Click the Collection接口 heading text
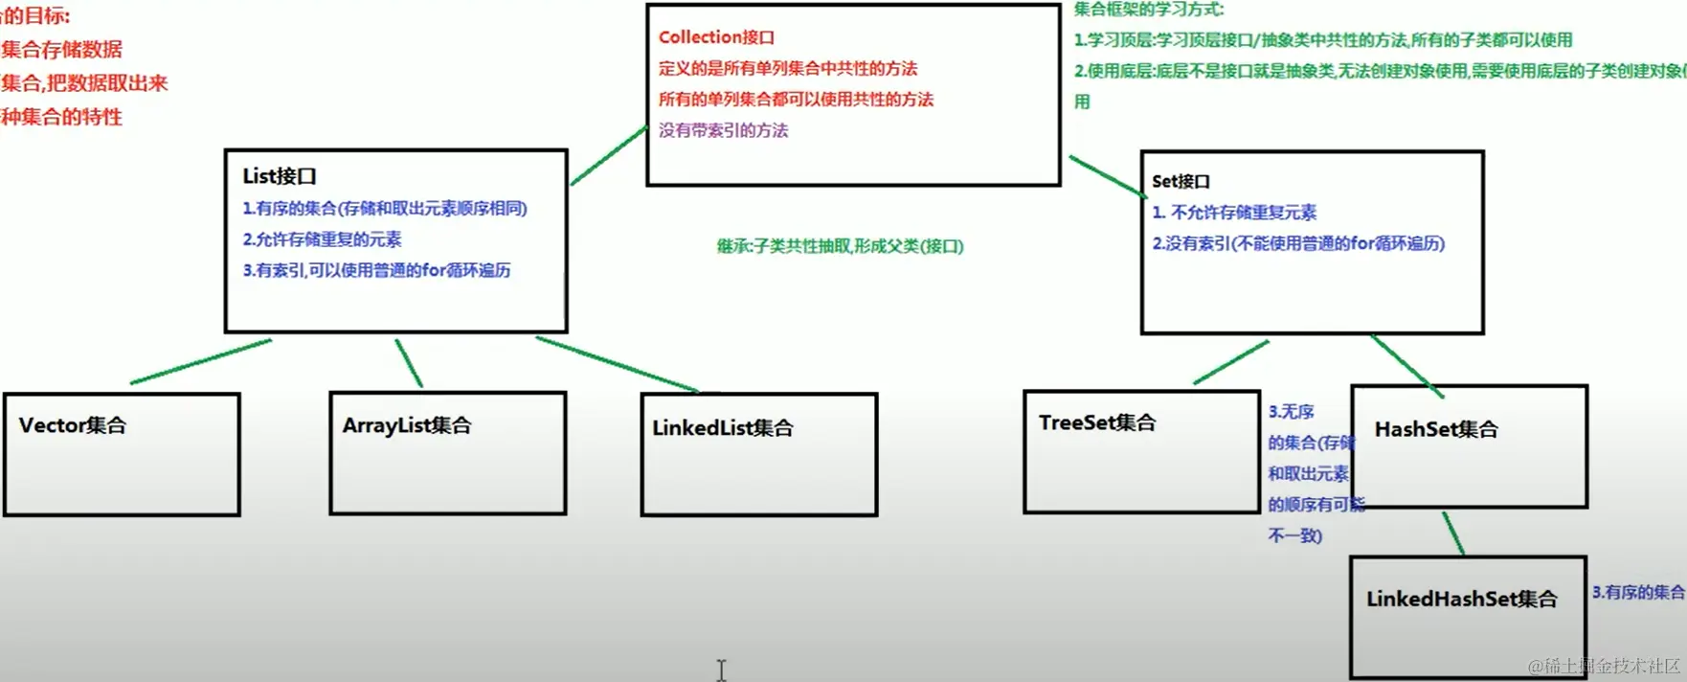point(716,37)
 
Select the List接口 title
point(279,176)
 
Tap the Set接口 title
point(1181,181)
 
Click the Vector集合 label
point(73,425)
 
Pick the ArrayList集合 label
point(407,425)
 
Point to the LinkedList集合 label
point(723,428)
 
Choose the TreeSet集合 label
point(1097,422)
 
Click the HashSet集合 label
point(1436,429)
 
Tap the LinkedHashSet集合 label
point(1461,599)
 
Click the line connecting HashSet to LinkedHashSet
point(1453,533)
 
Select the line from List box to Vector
point(201,361)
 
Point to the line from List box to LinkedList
point(618,363)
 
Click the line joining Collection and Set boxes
point(1108,176)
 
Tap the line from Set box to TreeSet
point(1231,362)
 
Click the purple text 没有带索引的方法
point(723,130)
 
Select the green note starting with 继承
point(840,246)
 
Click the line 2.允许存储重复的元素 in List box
point(322,239)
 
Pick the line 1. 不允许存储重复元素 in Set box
point(1234,213)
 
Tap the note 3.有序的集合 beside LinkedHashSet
point(1637,592)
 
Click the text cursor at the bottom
point(721,670)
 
